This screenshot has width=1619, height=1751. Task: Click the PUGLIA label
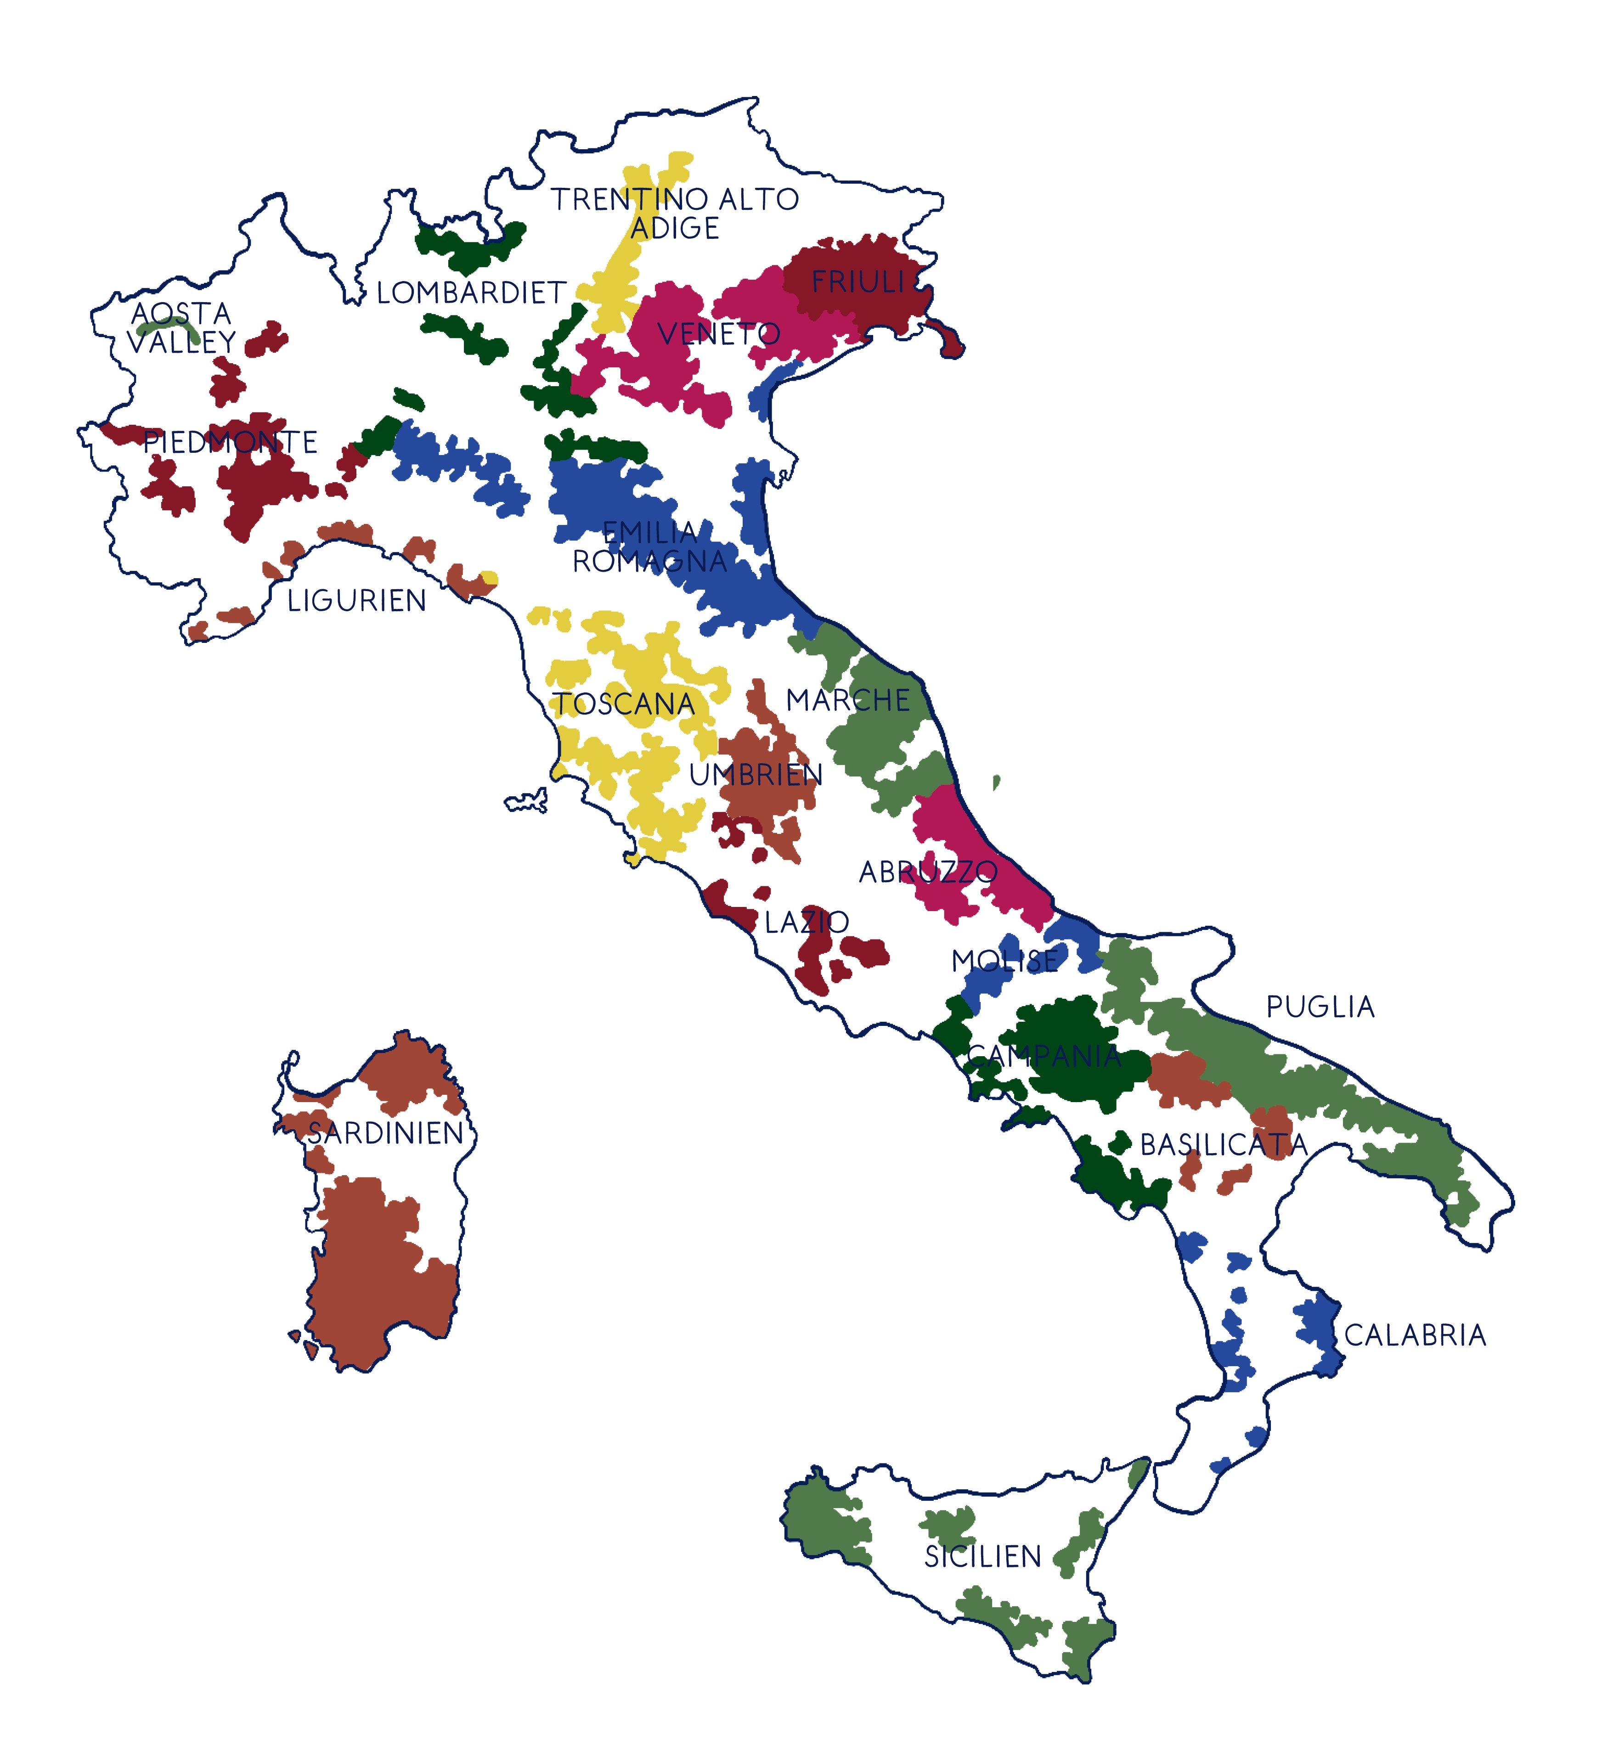coord(1320,1008)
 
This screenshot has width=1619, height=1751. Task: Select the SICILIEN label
coord(983,1557)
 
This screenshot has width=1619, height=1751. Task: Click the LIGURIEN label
coord(356,601)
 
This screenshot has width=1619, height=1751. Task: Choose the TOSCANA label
coord(624,704)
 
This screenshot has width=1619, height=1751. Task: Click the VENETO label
coord(718,334)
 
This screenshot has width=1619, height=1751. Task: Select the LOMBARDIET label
coord(471,293)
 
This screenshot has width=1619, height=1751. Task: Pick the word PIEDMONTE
coord(230,442)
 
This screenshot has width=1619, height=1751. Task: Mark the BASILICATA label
coord(1223,1145)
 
